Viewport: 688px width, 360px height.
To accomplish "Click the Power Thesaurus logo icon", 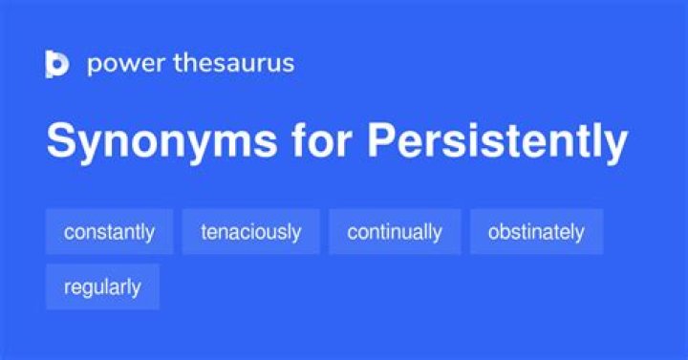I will click(x=57, y=64).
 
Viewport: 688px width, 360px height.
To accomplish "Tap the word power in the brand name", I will click(x=118, y=64).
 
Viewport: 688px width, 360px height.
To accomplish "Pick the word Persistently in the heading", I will click(x=497, y=142).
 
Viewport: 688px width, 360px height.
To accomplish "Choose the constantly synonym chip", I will click(x=109, y=232).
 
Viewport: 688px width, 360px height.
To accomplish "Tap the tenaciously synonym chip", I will click(x=250, y=232).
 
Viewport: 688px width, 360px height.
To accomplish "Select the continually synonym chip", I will click(x=395, y=232).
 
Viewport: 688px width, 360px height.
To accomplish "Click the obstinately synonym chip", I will click(x=536, y=232).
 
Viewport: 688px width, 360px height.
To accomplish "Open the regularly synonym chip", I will click(x=102, y=287).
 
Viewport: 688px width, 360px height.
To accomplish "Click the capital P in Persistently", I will click(x=380, y=142).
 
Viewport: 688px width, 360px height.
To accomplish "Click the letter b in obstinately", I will click(x=505, y=231).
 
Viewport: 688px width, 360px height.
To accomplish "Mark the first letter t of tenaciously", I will click(x=203, y=232).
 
